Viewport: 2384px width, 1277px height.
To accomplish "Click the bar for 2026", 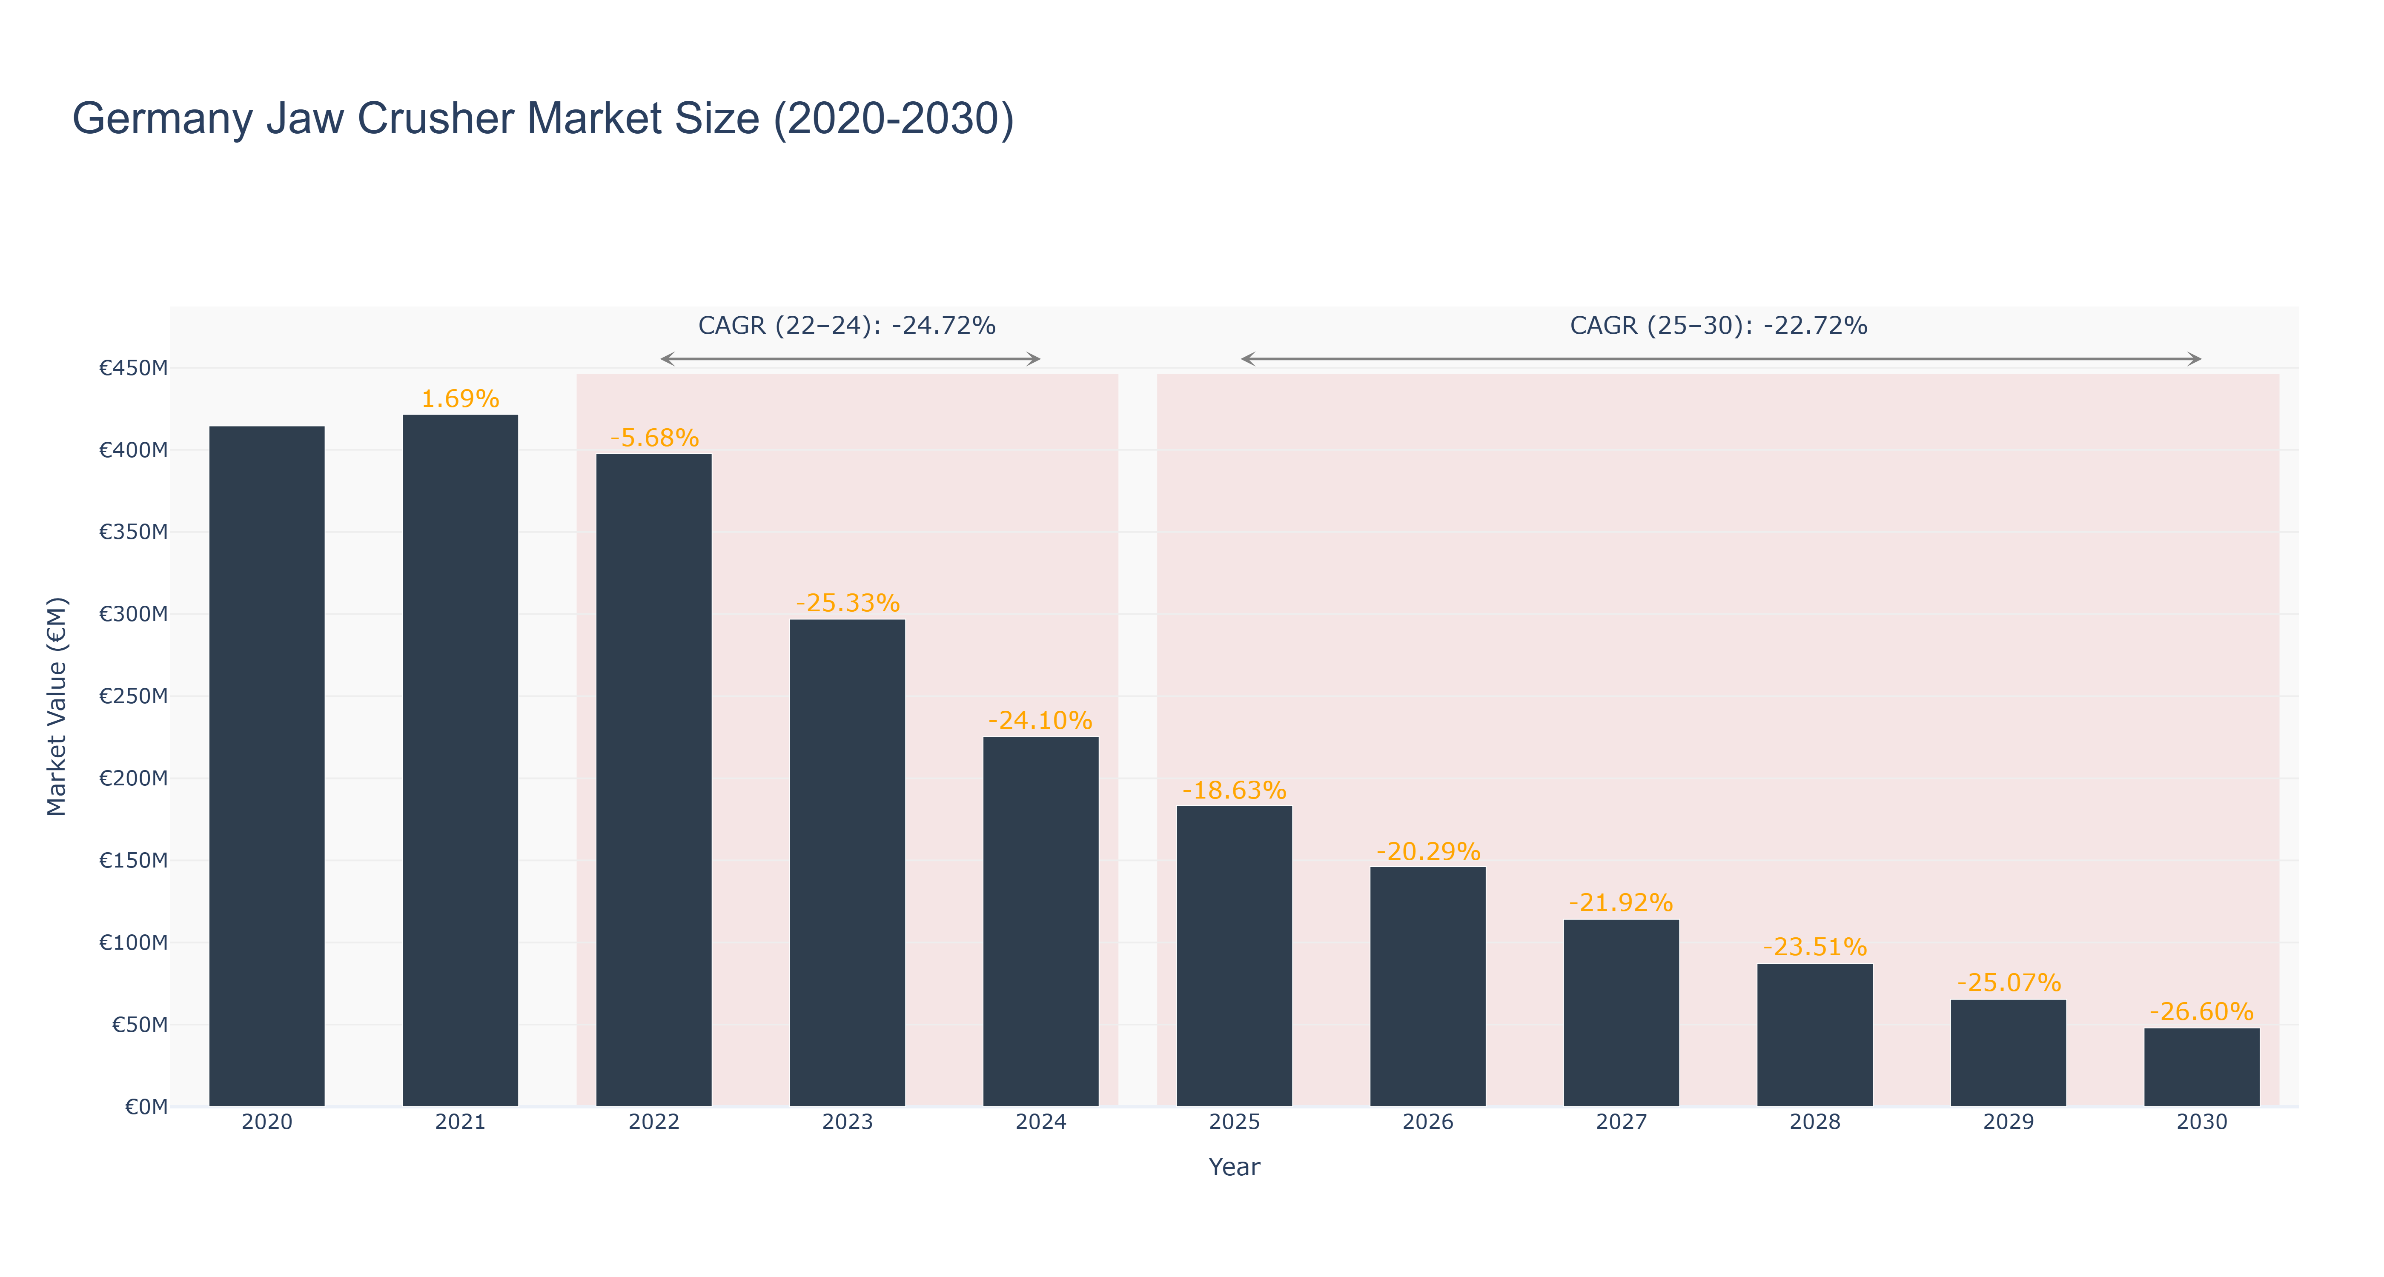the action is [x=1428, y=986].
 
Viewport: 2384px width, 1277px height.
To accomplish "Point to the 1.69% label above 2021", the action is [x=460, y=399].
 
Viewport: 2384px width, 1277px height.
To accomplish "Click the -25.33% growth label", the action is [x=848, y=603].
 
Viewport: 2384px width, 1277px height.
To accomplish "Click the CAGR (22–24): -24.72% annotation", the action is [x=847, y=326].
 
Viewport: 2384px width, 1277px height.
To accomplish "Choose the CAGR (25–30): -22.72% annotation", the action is [x=1719, y=326].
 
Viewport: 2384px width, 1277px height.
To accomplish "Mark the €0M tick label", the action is [x=146, y=1107].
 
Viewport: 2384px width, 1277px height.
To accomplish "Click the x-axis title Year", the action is [x=1235, y=1167].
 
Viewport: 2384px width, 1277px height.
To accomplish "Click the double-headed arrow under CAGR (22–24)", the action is [x=851, y=359].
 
